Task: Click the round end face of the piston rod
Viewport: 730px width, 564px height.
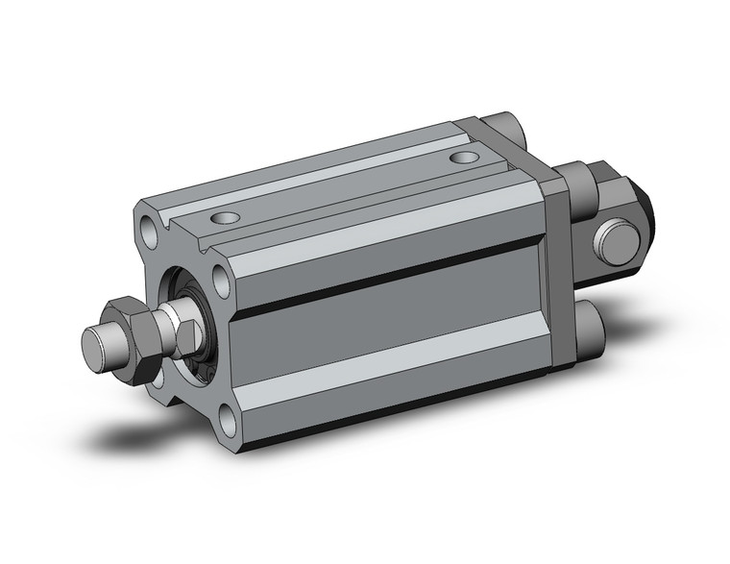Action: (94, 342)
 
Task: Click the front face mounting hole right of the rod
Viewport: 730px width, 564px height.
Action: (221, 280)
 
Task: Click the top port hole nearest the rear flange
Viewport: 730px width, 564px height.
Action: (465, 156)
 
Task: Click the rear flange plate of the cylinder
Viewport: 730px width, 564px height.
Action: (556, 269)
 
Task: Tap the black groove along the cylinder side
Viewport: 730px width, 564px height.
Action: (384, 284)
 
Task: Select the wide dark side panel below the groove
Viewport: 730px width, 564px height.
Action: (384, 327)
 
